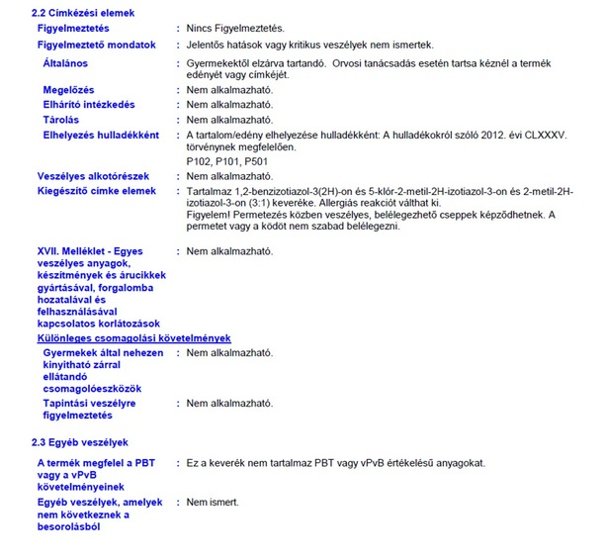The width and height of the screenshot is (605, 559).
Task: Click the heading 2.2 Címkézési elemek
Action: click(83, 12)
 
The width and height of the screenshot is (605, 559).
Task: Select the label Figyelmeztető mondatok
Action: click(96, 45)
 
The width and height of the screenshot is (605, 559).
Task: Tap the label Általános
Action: click(65, 62)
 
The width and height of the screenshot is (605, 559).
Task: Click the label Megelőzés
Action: click(68, 90)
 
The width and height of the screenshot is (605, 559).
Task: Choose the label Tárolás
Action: click(61, 119)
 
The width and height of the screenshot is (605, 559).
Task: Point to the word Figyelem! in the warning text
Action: click(209, 214)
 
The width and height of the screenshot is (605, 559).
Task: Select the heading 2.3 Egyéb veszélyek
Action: click(80, 442)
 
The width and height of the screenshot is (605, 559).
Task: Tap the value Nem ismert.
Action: click(213, 502)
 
